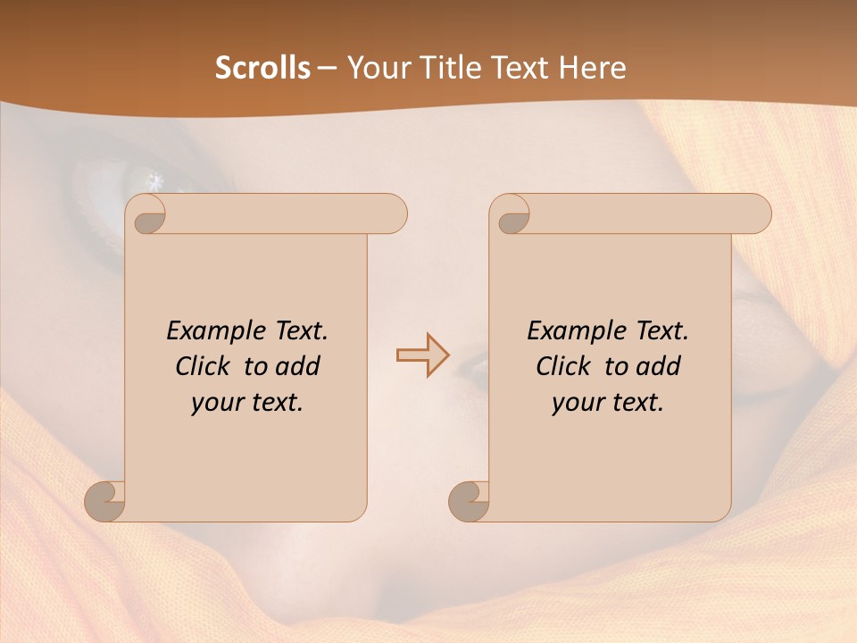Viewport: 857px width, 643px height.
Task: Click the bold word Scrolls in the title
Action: tap(262, 69)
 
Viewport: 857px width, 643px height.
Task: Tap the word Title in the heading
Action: tap(451, 69)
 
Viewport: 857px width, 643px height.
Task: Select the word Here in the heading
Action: tap(591, 69)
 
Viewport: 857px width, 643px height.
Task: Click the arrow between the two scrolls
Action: tap(422, 355)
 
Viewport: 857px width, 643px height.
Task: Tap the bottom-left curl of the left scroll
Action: tap(105, 501)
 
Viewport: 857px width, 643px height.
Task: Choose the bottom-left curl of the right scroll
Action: tap(469, 501)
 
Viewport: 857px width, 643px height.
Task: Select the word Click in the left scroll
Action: tap(201, 366)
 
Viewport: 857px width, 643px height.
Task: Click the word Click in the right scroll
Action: tap(562, 366)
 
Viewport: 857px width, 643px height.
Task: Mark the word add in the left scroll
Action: tap(299, 366)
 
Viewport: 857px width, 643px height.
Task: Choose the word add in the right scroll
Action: tap(660, 366)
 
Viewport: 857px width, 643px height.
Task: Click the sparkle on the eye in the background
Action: tap(156, 182)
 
